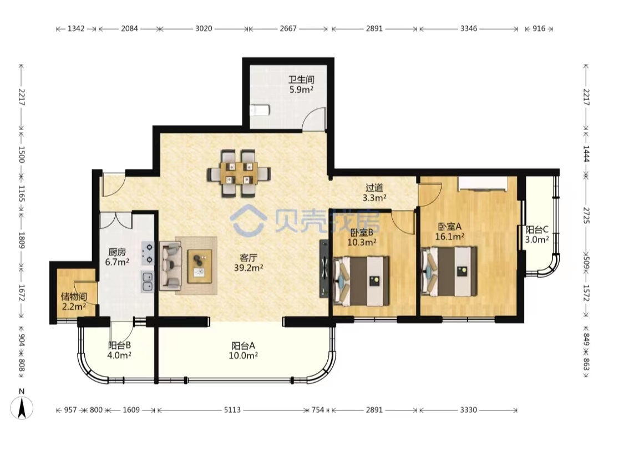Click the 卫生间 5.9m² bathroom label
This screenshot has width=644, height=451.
click(x=301, y=84)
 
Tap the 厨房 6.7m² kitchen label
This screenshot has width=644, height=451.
click(x=117, y=257)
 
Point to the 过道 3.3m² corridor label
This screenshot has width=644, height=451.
click(x=374, y=193)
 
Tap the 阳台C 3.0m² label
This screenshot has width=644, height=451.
click(x=537, y=235)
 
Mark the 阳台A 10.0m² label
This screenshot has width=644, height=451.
click(x=243, y=350)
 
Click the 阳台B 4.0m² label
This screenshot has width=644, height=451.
click(x=119, y=350)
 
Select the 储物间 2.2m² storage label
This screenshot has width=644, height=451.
click(x=74, y=302)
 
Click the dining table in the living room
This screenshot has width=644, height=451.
click(x=239, y=173)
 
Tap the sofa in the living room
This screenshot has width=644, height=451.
click(x=171, y=265)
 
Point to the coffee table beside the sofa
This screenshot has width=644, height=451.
click(x=200, y=266)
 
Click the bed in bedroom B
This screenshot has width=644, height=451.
click(x=361, y=281)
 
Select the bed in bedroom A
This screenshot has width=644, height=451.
click(x=449, y=272)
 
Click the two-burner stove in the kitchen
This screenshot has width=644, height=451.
click(x=148, y=253)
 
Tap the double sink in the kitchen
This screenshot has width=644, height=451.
click(x=147, y=282)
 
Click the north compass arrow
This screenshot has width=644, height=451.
click(x=22, y=408)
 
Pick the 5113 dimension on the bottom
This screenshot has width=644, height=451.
click(x=232, y=410)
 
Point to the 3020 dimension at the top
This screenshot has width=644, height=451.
click(x=204, y=28)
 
